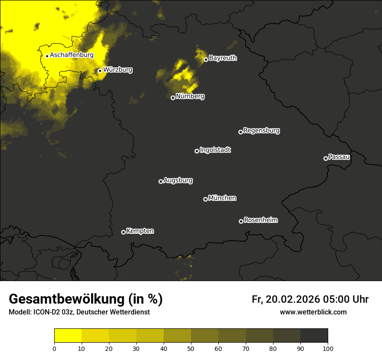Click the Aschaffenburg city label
(x=72, y=55)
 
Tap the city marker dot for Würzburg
(x=100, y=71)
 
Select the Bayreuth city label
(x=223, y=58)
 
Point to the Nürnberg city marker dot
(x=173, y=98)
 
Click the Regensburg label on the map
(x=261, y=131)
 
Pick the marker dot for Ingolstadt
(x=197, y=151)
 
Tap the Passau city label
(x=339, y=157)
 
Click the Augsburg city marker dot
(x=161, y=181)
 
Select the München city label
(x=222, y=198)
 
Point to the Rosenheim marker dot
(x=241, y=222)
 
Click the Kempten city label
(x=140, y=231)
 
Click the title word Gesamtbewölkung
(x=67, y=299)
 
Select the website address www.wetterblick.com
(x=313, y=312)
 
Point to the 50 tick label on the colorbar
(x=191, y=348)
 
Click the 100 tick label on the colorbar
(x=328, y=348)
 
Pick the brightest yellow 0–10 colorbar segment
(x=68, y=336)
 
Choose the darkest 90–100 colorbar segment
(x=314, y=336)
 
